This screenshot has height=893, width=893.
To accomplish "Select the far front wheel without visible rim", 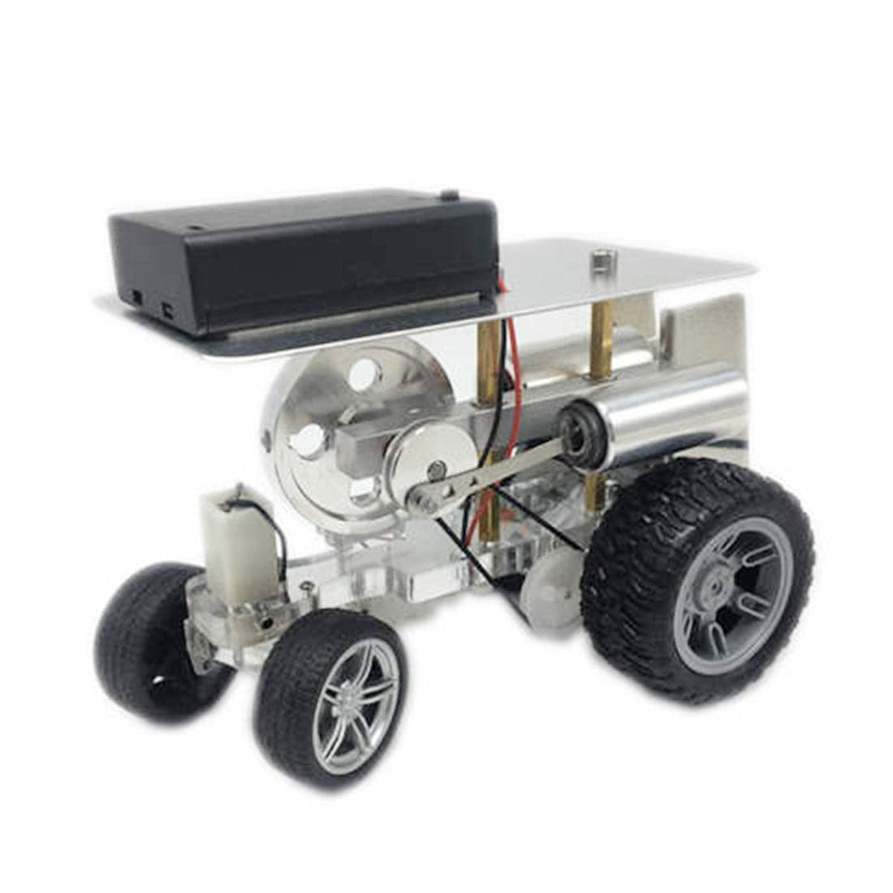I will tap(150, 641).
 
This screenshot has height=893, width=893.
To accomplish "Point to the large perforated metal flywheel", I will tap(325, 422).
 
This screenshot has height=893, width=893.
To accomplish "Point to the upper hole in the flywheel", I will tap(364, 374).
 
